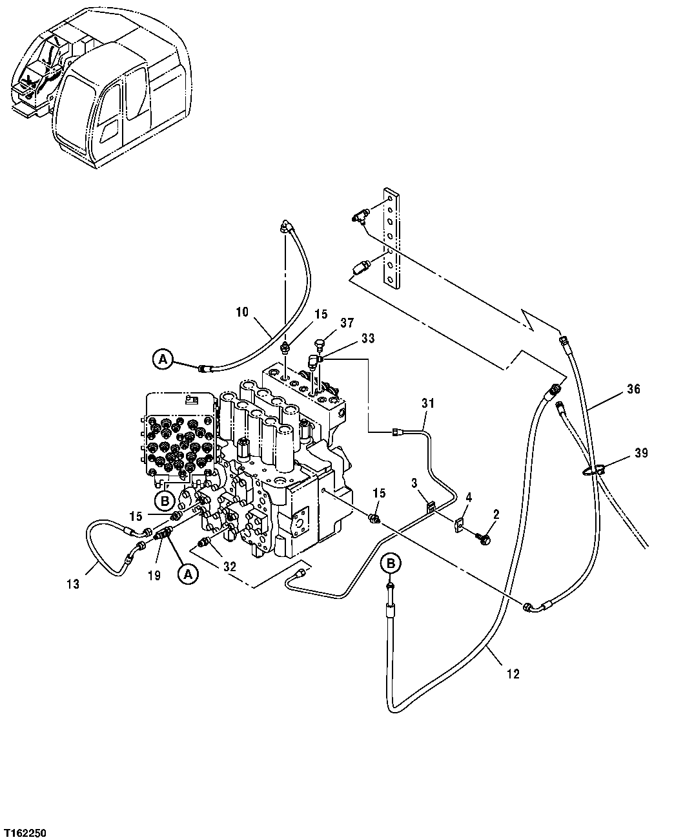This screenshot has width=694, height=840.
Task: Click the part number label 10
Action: click(241, 312)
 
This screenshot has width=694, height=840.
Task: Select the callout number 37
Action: click(347, 322)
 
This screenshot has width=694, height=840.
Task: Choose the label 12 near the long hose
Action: click(513, 674)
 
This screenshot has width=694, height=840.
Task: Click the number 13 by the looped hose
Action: click(73, 584)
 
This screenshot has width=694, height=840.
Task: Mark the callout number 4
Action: click(469, 497)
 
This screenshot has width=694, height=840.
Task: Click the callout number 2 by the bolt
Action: click(496, 514)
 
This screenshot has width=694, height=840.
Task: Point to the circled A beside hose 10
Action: click(163, 359)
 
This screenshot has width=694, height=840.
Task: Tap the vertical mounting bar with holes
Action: click(390, 236)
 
